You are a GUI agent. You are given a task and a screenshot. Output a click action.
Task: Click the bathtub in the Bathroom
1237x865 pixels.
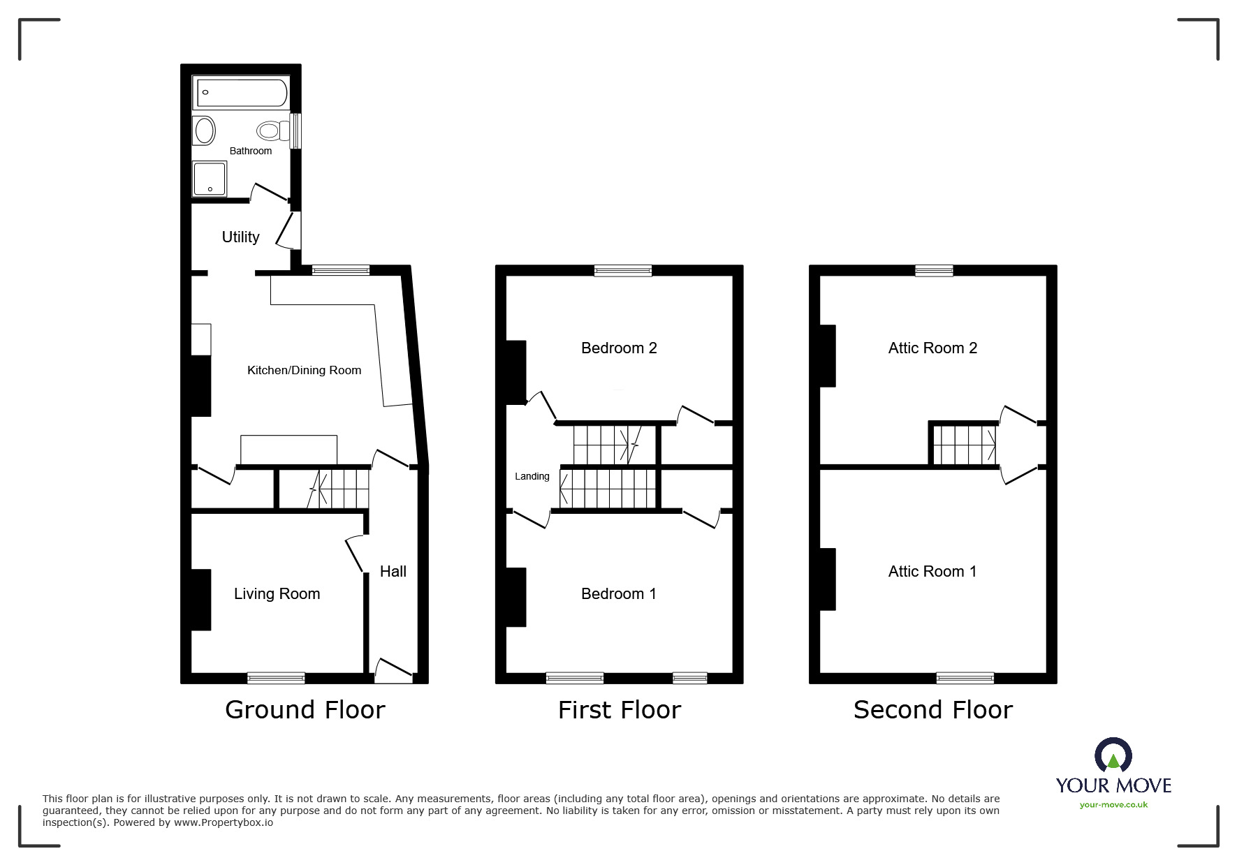242,92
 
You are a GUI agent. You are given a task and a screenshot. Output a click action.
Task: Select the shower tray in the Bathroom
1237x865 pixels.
210,179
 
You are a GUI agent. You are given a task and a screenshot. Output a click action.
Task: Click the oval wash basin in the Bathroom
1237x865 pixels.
204,131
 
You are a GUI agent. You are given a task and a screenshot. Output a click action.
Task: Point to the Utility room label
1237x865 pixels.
240,237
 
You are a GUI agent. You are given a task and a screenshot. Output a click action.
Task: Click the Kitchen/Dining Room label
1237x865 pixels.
304,371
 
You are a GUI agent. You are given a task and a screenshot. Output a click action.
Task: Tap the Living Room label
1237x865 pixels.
277,594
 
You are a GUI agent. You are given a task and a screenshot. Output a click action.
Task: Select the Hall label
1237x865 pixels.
393,572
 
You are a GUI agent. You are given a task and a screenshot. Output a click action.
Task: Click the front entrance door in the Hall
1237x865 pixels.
393,670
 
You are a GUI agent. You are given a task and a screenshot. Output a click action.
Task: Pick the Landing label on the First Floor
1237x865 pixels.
532,477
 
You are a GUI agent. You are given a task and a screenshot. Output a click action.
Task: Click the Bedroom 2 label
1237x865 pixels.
619,348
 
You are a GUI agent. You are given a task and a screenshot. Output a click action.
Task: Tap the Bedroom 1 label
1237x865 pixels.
618,594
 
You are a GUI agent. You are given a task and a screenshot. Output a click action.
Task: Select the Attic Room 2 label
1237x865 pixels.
932,348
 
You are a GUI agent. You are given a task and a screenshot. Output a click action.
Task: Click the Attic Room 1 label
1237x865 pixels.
932,572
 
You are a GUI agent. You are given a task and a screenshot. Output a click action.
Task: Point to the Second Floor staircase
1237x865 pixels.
964,445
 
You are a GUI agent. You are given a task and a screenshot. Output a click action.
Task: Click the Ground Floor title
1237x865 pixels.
305,710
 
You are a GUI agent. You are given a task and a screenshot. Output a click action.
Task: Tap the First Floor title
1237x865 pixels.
619,710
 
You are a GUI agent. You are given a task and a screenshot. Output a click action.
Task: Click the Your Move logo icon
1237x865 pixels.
1113,756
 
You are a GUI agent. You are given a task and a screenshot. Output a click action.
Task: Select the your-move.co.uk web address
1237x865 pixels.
1113,805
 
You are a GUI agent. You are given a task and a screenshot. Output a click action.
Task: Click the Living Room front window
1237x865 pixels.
276,678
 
